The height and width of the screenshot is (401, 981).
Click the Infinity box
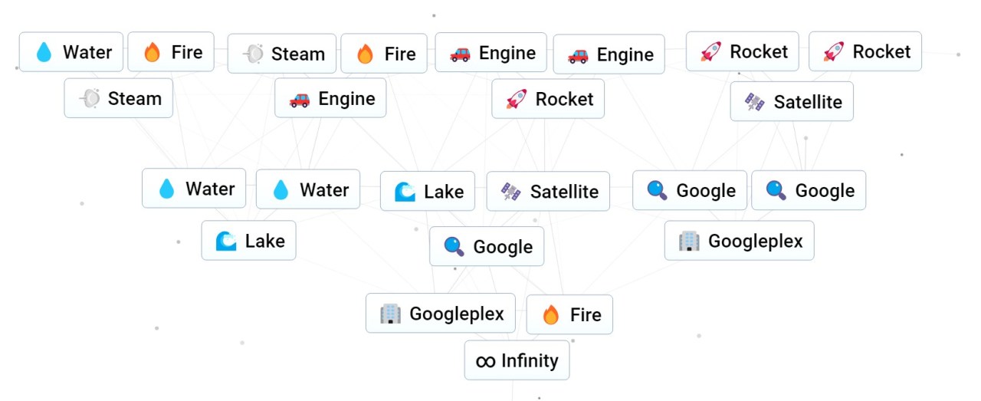[517, 360]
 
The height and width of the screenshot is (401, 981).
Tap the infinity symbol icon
[485, 361]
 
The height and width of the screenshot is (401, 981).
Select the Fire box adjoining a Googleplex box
[569, 314]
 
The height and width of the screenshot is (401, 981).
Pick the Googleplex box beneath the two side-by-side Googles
[739, 241]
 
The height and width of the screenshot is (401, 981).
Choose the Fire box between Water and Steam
[171, 52]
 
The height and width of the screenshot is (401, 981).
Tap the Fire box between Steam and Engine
[384, 54]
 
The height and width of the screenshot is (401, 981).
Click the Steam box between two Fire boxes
[282, 54]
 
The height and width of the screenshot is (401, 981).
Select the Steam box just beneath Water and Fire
[119, 98]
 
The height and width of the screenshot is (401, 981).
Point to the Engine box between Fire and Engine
[490, 53]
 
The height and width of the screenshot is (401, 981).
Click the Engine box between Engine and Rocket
[609, 54]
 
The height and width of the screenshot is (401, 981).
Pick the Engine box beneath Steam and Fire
[330, 98]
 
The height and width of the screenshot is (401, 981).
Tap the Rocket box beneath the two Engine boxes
[548, 99]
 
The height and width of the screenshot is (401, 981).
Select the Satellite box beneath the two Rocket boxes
[792, 102]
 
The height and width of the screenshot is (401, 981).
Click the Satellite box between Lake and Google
[548, 191]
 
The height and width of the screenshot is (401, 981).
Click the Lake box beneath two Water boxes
[248, 241]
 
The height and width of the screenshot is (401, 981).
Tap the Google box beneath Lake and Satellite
[487, 246]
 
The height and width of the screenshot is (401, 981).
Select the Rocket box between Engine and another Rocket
[742, 51]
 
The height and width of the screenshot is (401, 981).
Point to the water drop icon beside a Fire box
[44, 53]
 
